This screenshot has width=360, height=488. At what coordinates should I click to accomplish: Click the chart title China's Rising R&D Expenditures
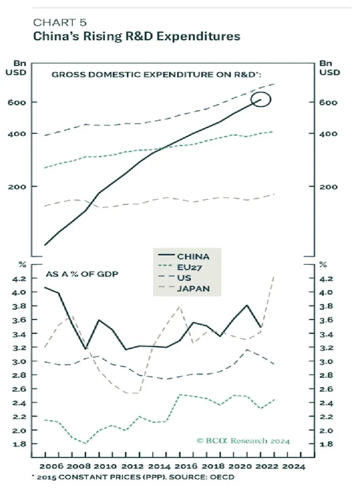(136, 36)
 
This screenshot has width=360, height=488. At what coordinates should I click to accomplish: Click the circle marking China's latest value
(262, 100)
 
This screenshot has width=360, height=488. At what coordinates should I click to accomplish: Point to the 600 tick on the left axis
(16, 102)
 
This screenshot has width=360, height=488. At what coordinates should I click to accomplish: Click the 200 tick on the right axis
(329, 186)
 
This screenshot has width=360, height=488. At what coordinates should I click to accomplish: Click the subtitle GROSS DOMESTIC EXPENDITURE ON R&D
(158, 75)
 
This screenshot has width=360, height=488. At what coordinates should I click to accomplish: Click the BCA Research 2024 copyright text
(243, 441)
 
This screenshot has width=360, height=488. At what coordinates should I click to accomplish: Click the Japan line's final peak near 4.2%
(274, 276)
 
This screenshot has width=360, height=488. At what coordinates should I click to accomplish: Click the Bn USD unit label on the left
(16, 68)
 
